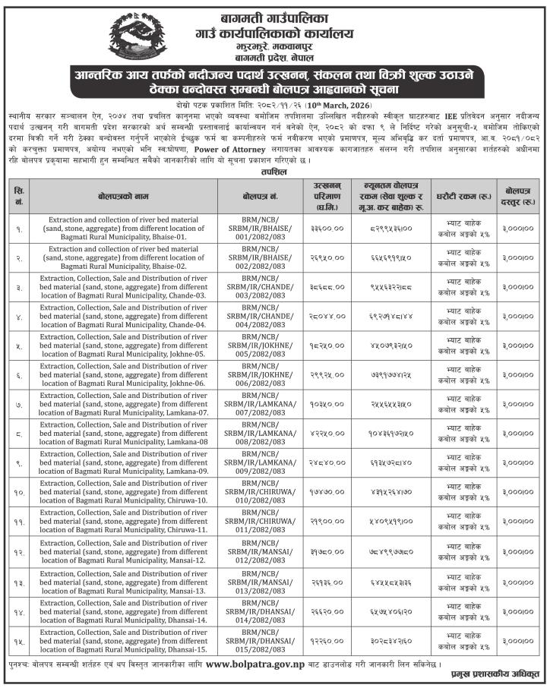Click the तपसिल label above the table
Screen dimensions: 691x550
(x=274, y=172)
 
